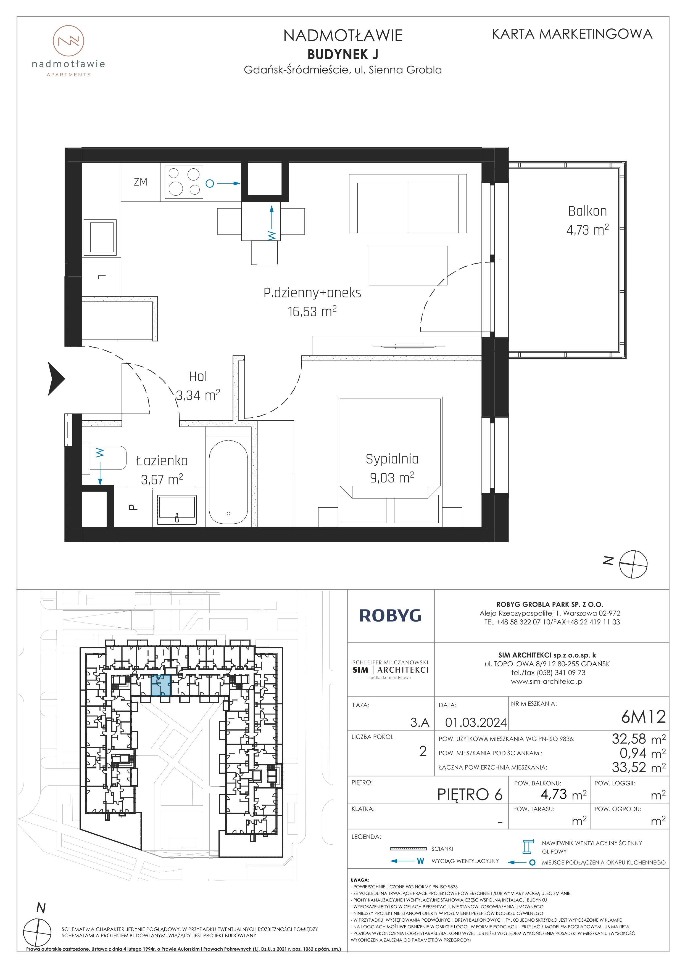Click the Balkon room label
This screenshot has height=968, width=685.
587,211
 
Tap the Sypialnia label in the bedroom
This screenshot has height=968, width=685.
392,459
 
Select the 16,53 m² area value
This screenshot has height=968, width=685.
312,312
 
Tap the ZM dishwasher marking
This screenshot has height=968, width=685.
141,182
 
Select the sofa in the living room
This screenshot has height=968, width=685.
408,204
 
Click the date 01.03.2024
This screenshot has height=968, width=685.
476,722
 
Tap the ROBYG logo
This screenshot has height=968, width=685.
390,616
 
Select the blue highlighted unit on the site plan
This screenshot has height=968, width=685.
161,685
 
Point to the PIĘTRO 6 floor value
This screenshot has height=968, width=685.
470,795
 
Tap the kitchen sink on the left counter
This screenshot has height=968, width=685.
100,238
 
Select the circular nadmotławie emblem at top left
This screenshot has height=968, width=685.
68,41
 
